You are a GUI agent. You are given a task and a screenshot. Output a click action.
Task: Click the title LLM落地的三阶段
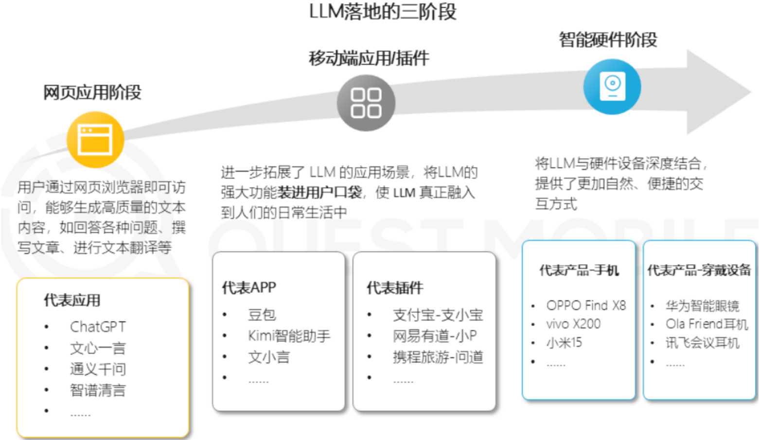pos(383,12)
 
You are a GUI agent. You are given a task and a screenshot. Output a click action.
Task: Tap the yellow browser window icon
pos(95,140)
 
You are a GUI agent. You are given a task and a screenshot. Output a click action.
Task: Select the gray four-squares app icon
pos(366,103)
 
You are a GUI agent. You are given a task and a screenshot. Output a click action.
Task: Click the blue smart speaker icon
pos(612,86)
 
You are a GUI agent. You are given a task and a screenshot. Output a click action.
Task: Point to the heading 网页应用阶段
pos(92,92)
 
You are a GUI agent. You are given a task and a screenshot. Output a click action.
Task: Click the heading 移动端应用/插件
pos(369,58)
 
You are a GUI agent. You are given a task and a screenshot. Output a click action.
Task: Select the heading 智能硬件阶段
pos(608,40)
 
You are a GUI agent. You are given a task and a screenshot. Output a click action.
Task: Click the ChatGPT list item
pos(98,327)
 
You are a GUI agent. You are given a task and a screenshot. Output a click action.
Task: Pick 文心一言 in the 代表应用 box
pos(98,348)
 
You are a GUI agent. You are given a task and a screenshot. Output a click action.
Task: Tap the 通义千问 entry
pos(98,369)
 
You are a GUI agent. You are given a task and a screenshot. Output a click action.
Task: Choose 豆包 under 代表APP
pos(262,315)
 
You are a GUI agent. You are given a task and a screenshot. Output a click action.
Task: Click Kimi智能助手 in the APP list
pos(289,336)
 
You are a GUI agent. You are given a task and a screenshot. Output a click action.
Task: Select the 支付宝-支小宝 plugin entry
pos(438,315)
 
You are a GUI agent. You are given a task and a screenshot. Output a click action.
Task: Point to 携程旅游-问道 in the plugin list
pos(438,357)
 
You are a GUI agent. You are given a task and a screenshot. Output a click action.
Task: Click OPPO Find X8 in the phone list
pos(586,305)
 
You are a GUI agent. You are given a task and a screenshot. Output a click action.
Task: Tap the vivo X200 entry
pos(573,324)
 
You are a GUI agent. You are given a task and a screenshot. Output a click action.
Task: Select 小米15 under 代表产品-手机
pos(564,342)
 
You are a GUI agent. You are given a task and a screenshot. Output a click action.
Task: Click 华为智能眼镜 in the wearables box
pos(702,306)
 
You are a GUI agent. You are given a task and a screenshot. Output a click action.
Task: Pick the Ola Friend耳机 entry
pos(707,324)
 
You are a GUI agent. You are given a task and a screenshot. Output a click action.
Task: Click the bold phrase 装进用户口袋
pos(319,193)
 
